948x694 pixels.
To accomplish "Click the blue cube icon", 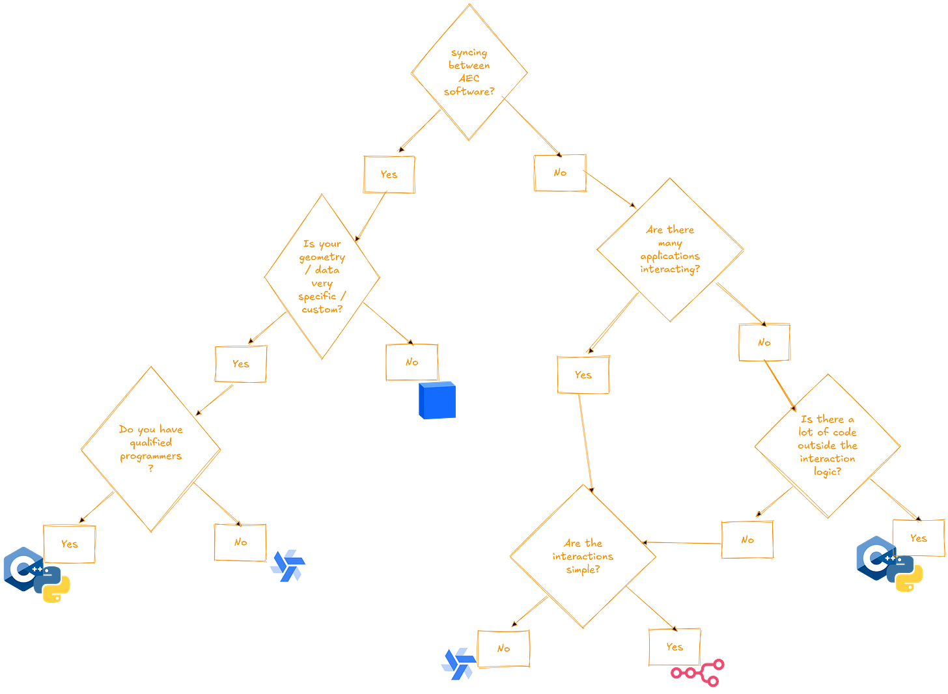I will coord(437,400).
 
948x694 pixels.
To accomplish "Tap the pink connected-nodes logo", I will coord(697,673).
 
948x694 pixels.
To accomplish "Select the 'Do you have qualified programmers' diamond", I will coord(151,449).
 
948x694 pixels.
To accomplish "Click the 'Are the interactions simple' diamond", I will coord(583,556).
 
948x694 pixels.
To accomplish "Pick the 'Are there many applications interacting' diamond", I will coord(670,249).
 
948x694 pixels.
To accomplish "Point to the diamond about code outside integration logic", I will coord(828,446).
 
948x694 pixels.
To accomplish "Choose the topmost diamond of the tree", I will coord(469,72).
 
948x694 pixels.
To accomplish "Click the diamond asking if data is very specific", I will coord(322,277).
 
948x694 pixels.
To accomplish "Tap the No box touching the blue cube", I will coord(411,362).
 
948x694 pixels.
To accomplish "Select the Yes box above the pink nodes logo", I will coord(675,646).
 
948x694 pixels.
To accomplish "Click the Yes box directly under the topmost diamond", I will coord(389,174).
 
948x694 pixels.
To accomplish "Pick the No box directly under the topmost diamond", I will coord(560,173).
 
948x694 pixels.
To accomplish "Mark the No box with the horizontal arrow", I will coord(747,539).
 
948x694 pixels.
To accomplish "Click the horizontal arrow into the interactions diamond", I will coord(684,542).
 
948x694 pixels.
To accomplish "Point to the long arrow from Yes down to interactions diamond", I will coord(587,443).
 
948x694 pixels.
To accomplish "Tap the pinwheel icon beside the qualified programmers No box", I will coord(288,566).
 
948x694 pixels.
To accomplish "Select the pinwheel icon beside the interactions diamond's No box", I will coord(458,663).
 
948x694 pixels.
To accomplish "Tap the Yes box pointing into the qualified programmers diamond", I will coord(240,364).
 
